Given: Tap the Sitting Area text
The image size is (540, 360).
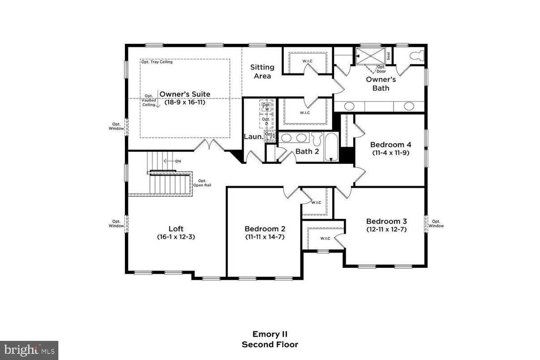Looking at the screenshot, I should click(x=262, y=72).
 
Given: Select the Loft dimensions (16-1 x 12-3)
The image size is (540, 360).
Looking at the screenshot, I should click(x=176, y=236).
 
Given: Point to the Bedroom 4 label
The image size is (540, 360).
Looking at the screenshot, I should click(x=390, y=145).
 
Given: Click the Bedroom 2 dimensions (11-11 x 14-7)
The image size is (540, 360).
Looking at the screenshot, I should click(x=265, y=236).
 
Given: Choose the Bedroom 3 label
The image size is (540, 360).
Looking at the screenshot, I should click(x=386, y=221).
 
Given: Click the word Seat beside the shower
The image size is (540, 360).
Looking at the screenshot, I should click(x=389, y=56).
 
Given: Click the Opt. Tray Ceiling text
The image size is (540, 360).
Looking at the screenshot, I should click(x=157, y=62).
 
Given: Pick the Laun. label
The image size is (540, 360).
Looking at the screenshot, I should click(x=253, y=136).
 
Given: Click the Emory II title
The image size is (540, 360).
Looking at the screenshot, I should click(x=270, y=334).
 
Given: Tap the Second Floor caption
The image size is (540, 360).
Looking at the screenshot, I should click(x=270, y=344).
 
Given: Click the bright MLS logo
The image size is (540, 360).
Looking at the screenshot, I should click(x=29, y=350).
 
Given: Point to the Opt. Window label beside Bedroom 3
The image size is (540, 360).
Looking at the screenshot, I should click(x=436, y=223).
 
